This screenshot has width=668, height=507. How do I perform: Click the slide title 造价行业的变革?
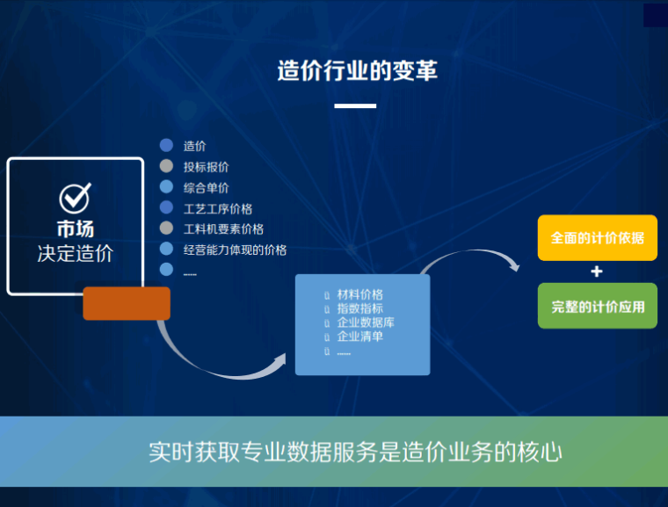click(x=357, y=71)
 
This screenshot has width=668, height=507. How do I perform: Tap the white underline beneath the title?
click(x=355, y=106)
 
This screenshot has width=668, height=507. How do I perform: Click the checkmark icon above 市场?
click(x=75, y=198)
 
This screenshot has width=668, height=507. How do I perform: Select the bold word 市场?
click(x=75, y=229)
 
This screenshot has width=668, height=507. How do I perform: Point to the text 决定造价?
click(x=75, y=254)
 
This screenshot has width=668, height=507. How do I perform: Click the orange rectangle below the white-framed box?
click(x=126, y=303)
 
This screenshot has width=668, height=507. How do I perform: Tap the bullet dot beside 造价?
click(x=166, y=146)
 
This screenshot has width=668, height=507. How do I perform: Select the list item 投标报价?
click(x=207, y=167)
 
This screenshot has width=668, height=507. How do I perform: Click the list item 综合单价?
click(x=207, y=187)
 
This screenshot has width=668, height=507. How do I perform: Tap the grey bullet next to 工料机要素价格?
click(x=166, y=228)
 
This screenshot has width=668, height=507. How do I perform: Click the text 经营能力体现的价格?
click(x=235, y=250)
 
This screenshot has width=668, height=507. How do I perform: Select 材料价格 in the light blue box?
click(x=360, y=294)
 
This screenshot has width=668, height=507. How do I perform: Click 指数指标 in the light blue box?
click(x=360, y=308)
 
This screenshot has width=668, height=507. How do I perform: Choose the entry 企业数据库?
click(x=366, y=322)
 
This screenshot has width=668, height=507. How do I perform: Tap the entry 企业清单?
click(x=360, y=336)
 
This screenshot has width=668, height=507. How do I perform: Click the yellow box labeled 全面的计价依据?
click(x=597, y=238)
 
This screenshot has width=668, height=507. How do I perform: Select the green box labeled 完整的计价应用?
click(x=597, y=307)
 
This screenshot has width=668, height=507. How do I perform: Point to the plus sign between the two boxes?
click(x=597, y=272)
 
